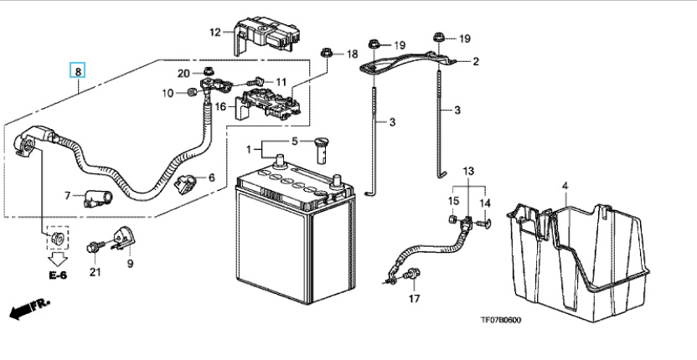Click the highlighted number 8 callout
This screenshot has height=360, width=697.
[x=77, y=70]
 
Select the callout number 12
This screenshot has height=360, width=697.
[x=215, y=33]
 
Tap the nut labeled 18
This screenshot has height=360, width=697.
[x=326, y=54]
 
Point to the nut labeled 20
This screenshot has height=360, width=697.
[x=207, y=71]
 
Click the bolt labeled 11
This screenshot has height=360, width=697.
[x=256, y=81]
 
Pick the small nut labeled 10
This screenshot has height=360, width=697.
[x=192, y=92]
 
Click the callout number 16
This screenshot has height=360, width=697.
[x=221, y=106]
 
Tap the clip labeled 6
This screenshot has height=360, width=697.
[x=185, y=183]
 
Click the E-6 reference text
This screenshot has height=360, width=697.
[x=58, y=275]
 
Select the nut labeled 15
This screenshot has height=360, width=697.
[x=452, y=219]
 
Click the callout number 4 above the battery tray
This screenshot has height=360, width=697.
[x=565, y=186]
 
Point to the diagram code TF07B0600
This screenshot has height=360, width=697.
[x=500, y=320]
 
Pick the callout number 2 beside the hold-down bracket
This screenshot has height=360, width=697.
[x=476, y=61]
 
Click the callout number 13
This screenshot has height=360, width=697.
[x=468, y=171]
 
